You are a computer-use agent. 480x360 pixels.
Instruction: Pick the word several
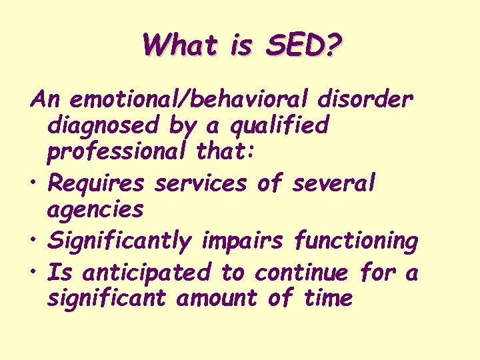[335, 181]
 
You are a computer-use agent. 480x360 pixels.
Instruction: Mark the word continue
[302, 272]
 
